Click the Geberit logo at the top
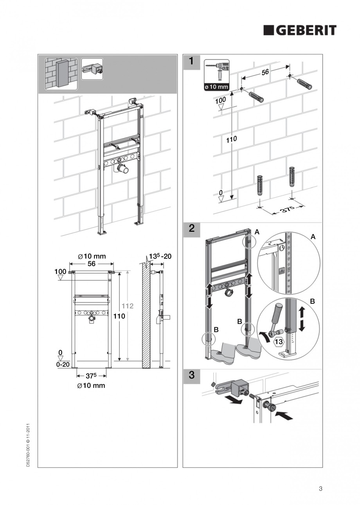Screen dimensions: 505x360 pos(299,30)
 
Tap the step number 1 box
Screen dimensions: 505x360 pos(192,62)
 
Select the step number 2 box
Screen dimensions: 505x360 pos(192,229)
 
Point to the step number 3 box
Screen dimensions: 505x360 pos(192,375)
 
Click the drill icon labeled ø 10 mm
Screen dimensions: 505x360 pos(217,75)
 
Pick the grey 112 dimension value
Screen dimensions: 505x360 pos(128,306)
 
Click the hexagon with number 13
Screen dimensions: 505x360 pos(278,342)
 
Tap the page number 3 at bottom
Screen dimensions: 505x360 pos(320,488)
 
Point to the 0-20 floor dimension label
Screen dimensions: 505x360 pos(63,364)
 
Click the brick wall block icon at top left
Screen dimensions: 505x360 pos(61,74)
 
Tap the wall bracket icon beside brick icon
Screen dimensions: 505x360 pos(92,69)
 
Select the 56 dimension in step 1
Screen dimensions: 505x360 pos(265,73)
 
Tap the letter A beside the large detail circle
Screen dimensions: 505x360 pos(313,237)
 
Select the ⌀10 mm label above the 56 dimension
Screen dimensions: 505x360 pos(92,256)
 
